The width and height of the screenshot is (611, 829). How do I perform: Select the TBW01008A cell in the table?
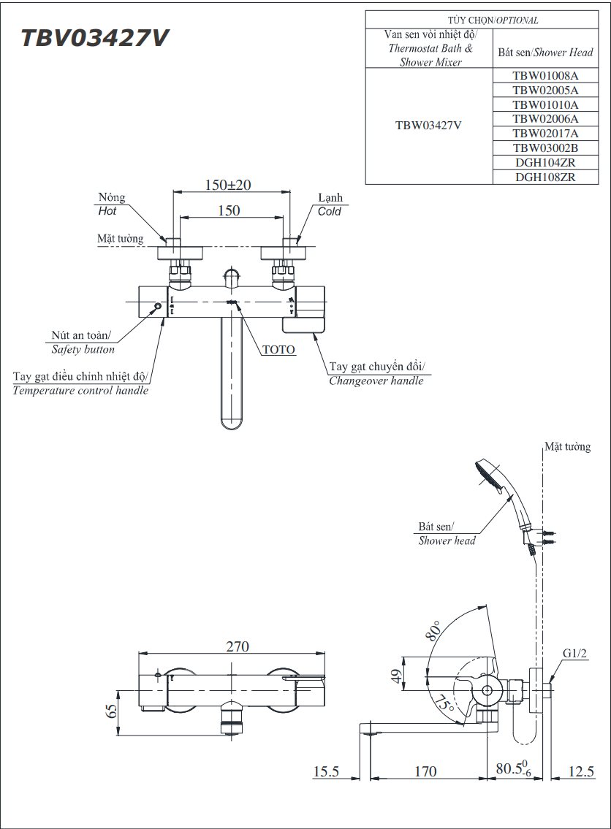pos(544,75)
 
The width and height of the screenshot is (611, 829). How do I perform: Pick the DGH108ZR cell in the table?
pos(544,177)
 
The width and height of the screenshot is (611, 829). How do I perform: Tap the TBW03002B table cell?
pos(544,148)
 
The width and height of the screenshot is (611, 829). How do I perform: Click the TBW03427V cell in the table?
pos(428,125)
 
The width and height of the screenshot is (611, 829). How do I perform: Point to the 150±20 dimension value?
pos(228,185)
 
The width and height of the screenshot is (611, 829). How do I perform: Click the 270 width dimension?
pos(237,646)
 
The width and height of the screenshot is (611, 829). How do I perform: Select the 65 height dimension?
pos(112,711)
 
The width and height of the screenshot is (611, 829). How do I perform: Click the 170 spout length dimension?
pos(425,771)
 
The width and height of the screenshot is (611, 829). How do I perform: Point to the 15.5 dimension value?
pos(326,771)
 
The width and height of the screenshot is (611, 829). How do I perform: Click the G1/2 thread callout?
pos(575,653)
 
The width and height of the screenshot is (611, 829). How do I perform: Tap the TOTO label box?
pos(278,350)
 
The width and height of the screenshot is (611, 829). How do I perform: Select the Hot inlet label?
pos(107,211)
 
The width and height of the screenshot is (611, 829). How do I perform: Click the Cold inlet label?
pos(330,211)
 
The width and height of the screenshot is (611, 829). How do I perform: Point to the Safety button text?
pos(83,349)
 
